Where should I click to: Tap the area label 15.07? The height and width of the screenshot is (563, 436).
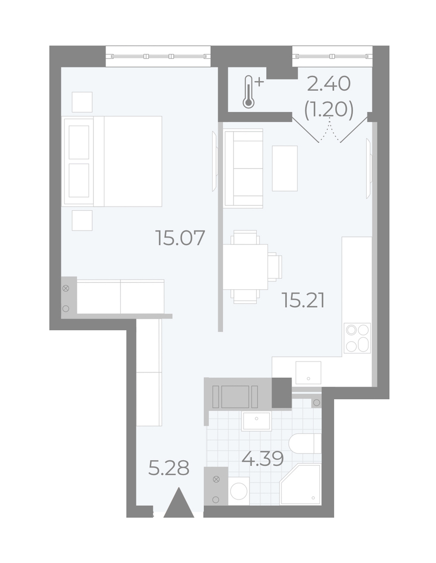[x=180, y=238]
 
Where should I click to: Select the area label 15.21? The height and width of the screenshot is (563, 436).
[x=303, y=300]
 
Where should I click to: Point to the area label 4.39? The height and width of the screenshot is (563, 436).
[x=263, y=458]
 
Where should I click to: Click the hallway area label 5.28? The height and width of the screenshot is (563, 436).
[x=169, y=468]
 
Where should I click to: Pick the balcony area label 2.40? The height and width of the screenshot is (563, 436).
[x=328, y=84]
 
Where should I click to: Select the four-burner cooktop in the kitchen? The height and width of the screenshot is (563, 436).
[x=357, y=338]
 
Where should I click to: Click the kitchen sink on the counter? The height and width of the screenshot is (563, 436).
[x=308, y=372]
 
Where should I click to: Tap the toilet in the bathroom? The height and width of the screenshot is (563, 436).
[x=305, y=443]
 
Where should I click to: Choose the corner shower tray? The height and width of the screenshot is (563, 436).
[x=300, y=485]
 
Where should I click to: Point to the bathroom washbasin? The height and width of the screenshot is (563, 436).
[x=256, y=421]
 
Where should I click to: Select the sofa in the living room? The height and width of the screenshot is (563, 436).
[x=243, y=169]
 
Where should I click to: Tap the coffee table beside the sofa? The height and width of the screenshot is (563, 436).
[x=285, y=169]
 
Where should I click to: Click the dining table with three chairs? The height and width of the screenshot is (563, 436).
[x=252, y=267]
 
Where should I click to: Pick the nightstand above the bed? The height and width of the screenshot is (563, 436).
[x=82, y=102]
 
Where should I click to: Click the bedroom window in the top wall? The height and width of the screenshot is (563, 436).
[x=158, y=56]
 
